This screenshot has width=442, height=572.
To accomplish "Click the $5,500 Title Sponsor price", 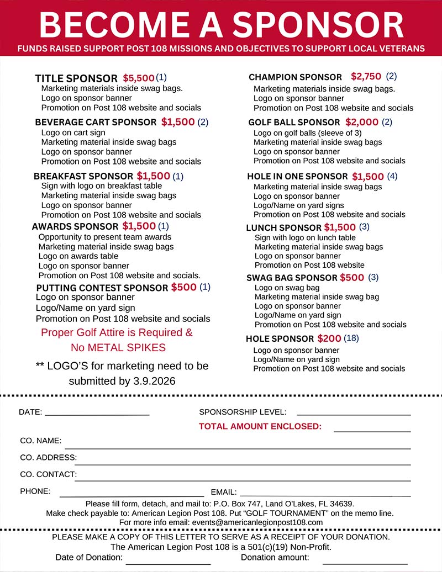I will coord(139,78).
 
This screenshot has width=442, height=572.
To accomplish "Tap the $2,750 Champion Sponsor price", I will coord(366,77).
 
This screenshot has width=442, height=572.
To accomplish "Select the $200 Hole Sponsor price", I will coord(329,338).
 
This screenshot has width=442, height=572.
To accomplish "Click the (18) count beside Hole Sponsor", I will coord(351,338).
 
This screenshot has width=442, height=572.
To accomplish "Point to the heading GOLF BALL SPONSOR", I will coord(294,123).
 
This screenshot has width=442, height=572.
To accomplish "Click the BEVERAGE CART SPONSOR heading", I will coord(96,123).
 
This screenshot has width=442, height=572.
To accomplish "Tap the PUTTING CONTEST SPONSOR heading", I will coord(102,288).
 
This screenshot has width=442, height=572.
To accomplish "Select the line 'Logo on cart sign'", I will coord(73,133).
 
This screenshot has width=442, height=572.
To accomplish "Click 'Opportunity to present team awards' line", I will coord(105,237).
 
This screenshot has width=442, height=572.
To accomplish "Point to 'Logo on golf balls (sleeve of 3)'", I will coord(308,133).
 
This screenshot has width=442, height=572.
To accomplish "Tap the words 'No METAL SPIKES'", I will coord(118,348).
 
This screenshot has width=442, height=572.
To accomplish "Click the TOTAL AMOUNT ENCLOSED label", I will coord(260,426).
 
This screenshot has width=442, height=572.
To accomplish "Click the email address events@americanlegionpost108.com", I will coord(257,522).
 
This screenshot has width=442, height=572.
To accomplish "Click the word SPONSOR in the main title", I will coord(317,25).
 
